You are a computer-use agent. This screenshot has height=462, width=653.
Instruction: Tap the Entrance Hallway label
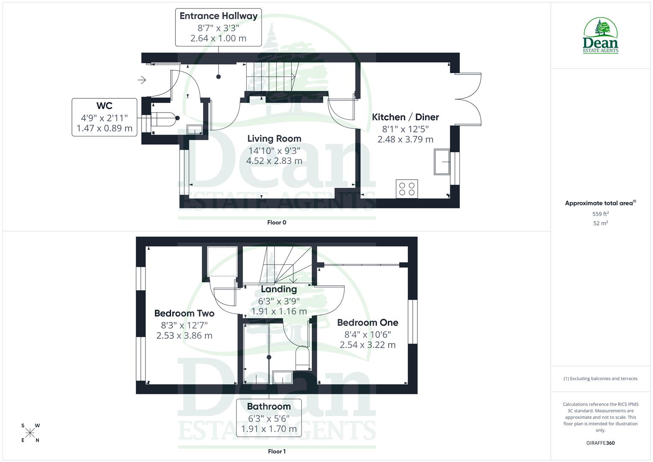[218, 16]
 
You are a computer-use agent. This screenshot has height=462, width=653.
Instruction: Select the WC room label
[104, 106]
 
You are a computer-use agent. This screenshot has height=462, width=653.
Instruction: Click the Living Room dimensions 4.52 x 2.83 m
[274, 161]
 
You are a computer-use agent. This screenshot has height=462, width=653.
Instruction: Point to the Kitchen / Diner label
[405, 117]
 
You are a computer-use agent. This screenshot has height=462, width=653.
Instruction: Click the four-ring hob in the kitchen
[407, 189]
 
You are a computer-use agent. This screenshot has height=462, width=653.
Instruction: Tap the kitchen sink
[442, 162]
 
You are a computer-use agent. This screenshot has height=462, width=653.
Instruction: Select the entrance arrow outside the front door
[142, 80]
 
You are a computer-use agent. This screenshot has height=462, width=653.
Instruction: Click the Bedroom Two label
[184, 314]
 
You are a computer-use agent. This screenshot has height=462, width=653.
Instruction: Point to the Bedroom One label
[367, 323]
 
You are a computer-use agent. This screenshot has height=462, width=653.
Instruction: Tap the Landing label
[279, 289]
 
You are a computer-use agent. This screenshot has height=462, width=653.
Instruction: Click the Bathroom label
[269, 406]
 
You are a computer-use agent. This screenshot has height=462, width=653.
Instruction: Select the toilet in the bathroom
[302, 358]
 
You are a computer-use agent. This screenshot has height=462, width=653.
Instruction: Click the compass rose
[30, 433]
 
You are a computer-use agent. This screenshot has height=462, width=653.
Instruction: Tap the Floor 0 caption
[277, 222]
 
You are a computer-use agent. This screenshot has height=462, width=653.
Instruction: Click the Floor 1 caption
[277, 451]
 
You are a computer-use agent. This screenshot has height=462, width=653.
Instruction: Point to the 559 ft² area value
[600, 214]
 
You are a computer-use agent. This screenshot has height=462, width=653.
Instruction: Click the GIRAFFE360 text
[600, 443]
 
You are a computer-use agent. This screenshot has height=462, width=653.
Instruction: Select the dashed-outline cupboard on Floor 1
[222, 261]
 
